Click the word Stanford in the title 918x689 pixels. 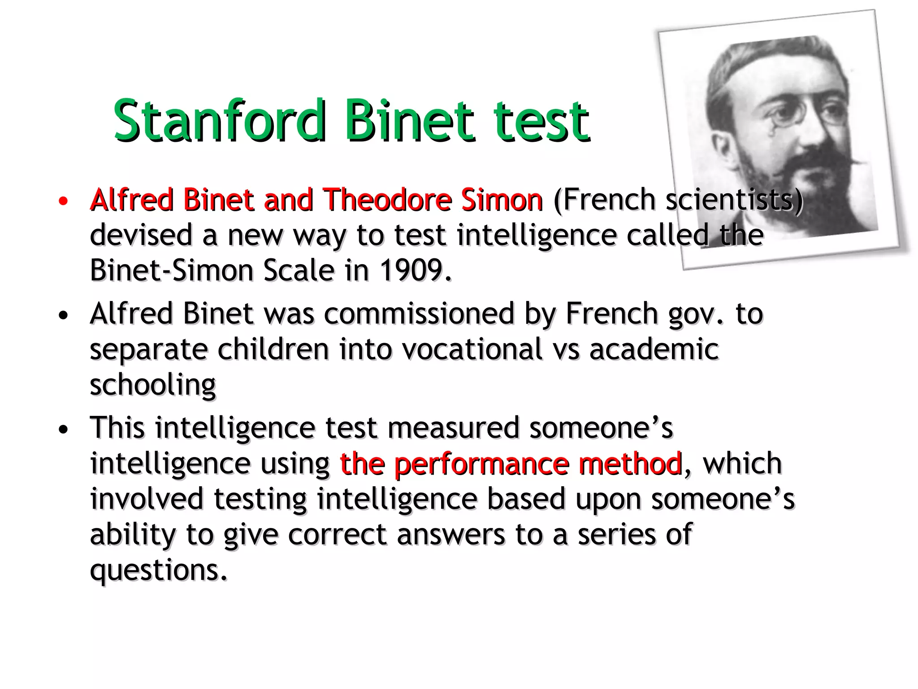coord(219,120)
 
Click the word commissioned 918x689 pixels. coord(419,314)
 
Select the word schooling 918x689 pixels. coord(153,385)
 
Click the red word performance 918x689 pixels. coord(481,463)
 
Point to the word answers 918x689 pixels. coord(450,535)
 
